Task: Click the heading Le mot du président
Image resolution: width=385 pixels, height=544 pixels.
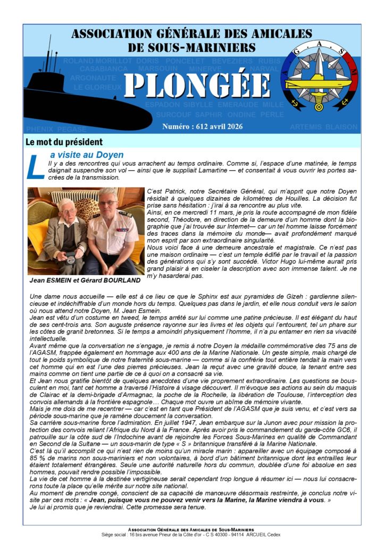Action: (64, 142)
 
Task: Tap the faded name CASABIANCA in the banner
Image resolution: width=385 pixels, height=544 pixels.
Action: (104, 69)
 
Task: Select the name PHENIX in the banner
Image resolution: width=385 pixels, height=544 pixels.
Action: (39, 129)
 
